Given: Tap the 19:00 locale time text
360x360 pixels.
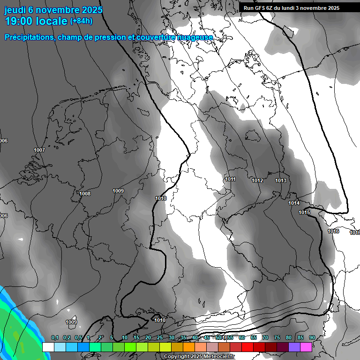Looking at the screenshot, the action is [x=36, y=21].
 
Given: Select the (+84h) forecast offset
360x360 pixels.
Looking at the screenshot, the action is [x=81, y=21].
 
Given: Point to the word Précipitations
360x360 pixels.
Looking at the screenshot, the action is [x=28, y=37].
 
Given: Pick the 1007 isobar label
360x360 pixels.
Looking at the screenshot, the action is [x=39, y=150].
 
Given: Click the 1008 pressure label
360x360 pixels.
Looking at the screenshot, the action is [x=85, y=194].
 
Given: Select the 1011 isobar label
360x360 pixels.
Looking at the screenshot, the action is [x=230, y=180].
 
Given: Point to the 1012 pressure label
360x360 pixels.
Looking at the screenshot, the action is [x=257, y=181].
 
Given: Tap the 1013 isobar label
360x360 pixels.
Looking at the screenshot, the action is [x=281, y=181].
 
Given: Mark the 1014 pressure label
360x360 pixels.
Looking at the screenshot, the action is [x=294, y=203].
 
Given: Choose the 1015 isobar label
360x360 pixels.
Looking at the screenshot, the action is [x=304, y=213].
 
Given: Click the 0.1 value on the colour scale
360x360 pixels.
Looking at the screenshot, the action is [x=55, y=338].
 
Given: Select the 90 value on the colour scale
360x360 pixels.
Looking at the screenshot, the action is [x=312, y=338].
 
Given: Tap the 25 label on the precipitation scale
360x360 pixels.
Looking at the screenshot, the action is [x=159, y=338].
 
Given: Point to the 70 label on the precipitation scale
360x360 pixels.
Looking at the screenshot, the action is [x=265, y=338].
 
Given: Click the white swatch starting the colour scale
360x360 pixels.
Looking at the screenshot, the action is [x=48, y=347].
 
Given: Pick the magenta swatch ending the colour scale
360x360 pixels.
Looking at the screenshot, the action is [x=306, y=347].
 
